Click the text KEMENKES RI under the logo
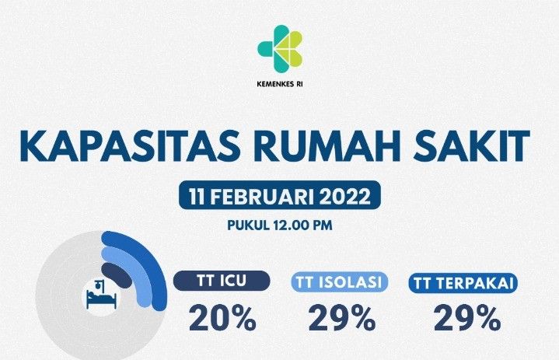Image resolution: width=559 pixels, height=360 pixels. [x=280, y=86]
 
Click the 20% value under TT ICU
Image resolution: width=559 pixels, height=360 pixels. [x=222, y=318]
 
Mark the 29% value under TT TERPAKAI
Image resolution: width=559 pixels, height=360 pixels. [x=466, y=318]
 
